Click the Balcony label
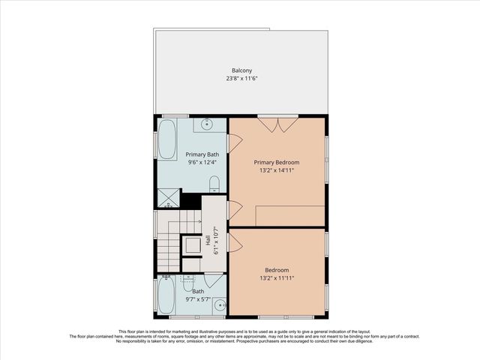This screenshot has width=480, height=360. point(241,70)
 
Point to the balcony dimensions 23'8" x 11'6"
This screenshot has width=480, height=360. point(241,79)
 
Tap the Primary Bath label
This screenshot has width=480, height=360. point(202,154)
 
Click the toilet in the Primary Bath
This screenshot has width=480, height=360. point(214,184)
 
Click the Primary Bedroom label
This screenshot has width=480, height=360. point(277,162)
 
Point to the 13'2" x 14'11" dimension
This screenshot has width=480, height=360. point(277,170)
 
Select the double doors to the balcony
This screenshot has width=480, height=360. point(277,124)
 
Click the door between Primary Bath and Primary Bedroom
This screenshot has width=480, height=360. point(233,142)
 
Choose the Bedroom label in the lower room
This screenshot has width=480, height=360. point(277,270)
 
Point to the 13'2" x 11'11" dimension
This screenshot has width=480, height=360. point(277,278)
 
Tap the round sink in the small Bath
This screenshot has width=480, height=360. point(219,304)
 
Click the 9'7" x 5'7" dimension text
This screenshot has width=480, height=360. point(197,300)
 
